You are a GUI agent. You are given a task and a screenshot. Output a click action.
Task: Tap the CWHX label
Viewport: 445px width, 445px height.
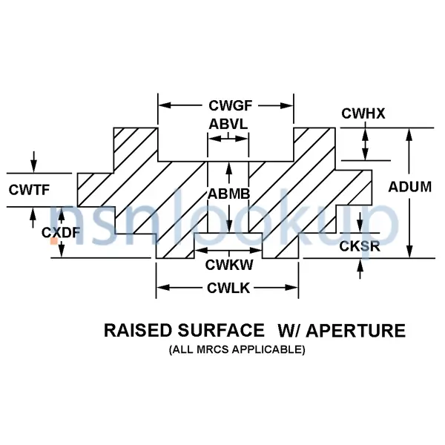click(x=361, y=113)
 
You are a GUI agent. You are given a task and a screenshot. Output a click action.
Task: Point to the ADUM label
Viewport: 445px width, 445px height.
click(x=409, y=187)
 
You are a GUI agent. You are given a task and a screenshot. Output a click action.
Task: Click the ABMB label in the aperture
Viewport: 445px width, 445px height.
click(x=228, y=194)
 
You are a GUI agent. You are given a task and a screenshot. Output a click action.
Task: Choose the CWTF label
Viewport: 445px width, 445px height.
click(x=30, y=190)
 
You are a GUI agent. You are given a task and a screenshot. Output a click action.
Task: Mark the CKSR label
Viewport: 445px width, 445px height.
click(x=360, y=245)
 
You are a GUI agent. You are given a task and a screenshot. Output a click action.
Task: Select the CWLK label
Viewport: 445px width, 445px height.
click(x=228, y=288)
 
